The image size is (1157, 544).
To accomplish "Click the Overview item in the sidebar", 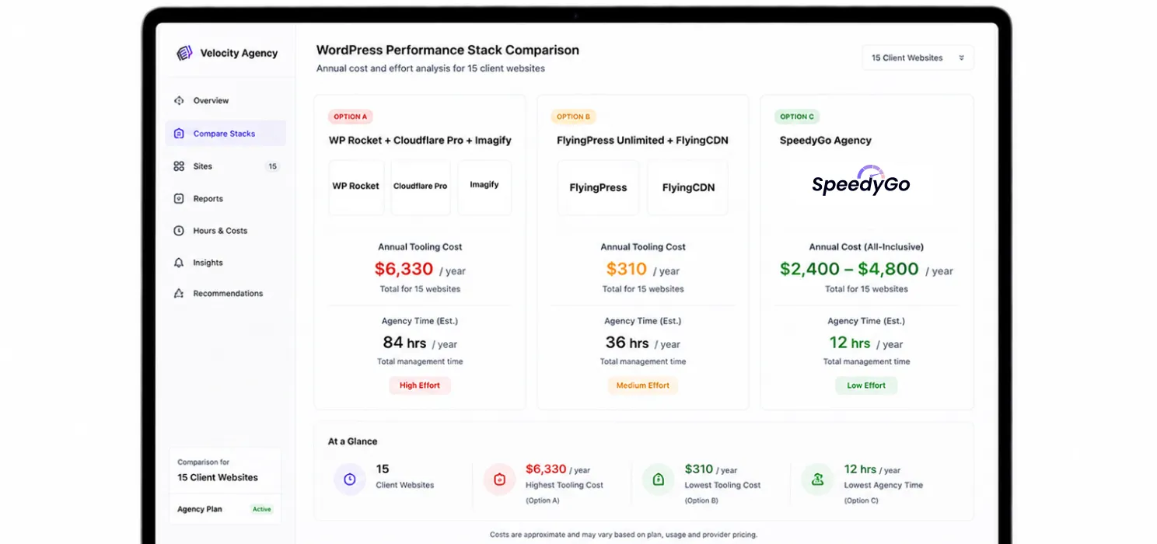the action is coord(201,101).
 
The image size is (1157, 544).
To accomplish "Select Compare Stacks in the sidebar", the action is coord(225,133).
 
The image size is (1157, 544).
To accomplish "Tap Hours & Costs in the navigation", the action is coord(210,231).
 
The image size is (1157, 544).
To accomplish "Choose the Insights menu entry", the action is coord(198,263).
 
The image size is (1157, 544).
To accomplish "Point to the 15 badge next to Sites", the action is coord(272,166).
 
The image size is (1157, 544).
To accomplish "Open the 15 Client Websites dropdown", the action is coord(918,58).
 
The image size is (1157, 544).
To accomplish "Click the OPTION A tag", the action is coord(350,117).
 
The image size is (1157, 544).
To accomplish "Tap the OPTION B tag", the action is coord(573,117).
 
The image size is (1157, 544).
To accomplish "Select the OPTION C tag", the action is coord(796,117).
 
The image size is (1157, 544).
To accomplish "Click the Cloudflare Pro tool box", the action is coord(421,187).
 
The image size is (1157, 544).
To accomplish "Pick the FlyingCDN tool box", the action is coord(688,187).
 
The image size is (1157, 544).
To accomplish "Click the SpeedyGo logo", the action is coord(861,180).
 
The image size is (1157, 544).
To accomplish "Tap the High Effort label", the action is coord(419,385).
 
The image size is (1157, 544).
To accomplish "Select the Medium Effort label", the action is coord(642,385).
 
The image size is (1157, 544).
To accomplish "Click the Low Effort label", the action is coord(866,385).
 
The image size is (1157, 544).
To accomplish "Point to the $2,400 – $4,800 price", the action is coord(849,269).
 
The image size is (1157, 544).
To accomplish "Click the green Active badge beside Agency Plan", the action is coord(261,510).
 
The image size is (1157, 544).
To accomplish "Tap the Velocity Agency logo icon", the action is coord(184,53).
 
